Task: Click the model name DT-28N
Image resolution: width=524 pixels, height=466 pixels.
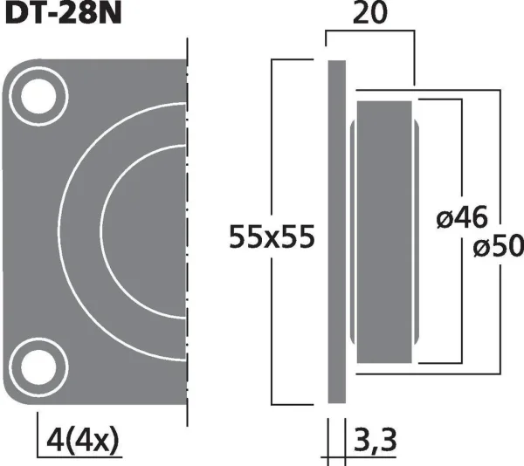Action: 63,14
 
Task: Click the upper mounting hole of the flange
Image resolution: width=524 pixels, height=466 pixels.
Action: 38,96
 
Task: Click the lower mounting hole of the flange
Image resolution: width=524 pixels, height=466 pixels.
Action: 38,367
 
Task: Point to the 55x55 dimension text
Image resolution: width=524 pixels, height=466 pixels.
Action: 272,236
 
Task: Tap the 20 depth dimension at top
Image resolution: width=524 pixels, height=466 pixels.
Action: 370,13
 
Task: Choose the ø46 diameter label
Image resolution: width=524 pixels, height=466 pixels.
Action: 462,217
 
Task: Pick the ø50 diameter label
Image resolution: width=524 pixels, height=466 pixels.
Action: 498,246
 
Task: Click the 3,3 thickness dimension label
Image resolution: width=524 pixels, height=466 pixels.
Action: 375,441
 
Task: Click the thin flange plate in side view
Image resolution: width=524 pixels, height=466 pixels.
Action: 336,231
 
